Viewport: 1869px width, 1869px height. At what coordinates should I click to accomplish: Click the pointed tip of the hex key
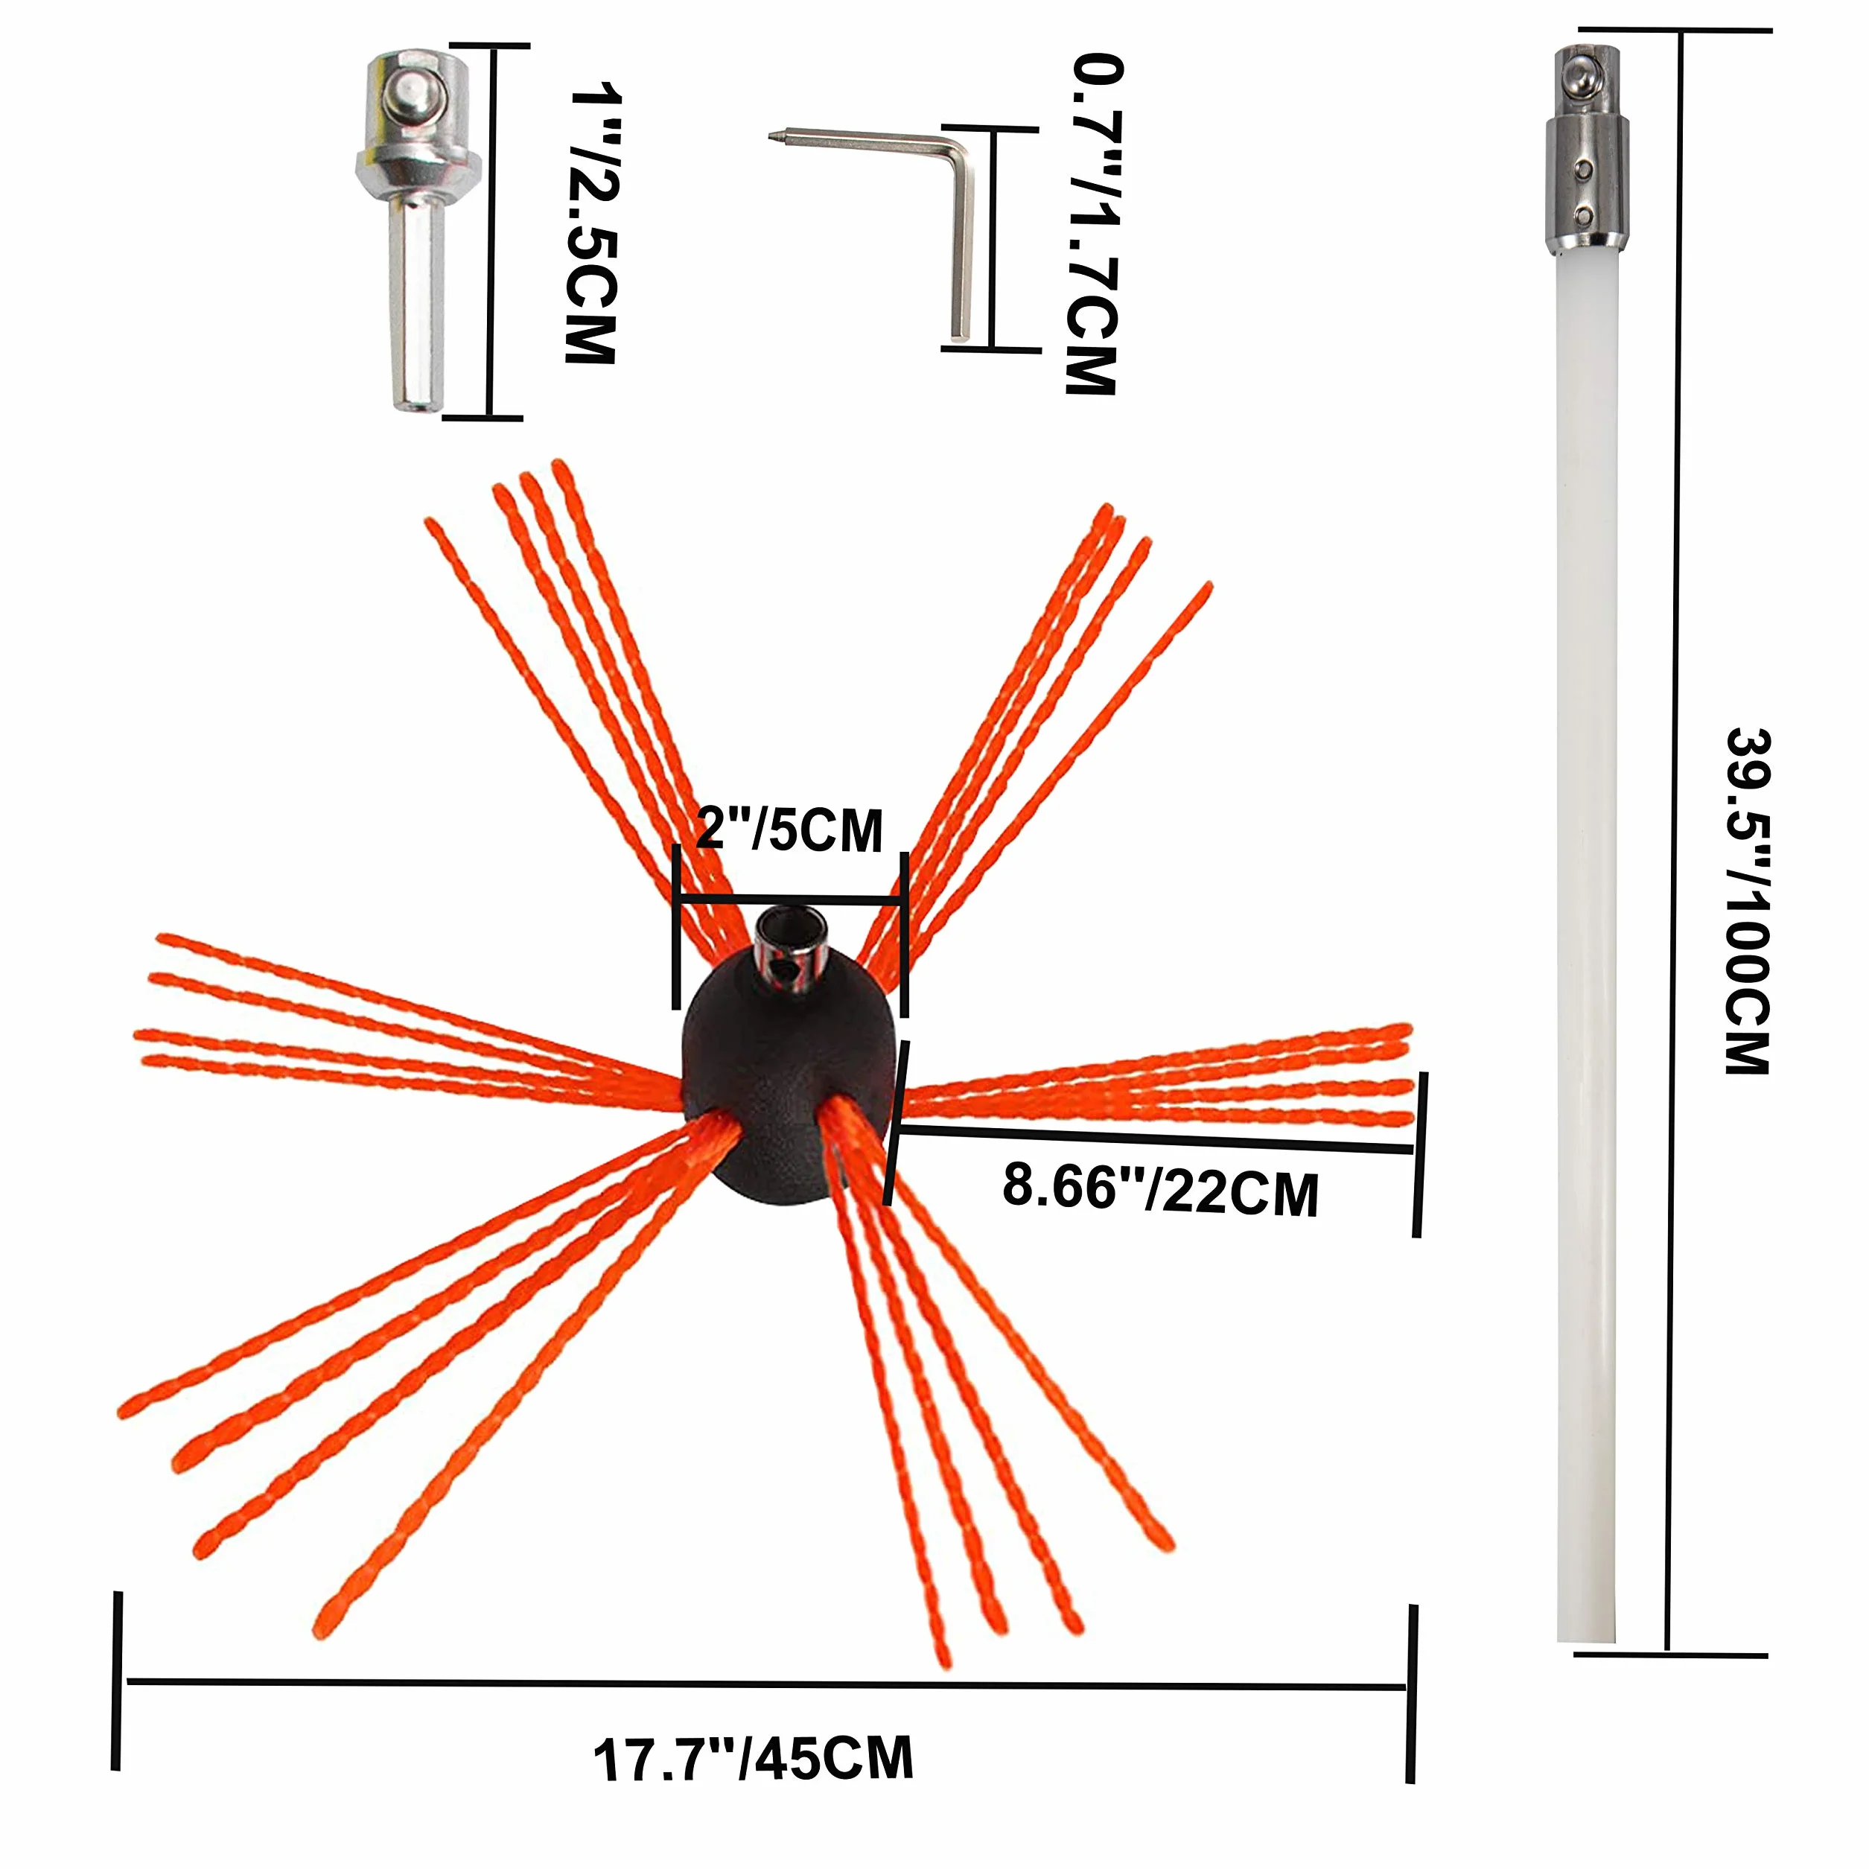point(773,136)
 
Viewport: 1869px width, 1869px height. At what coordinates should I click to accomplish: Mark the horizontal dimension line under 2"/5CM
point(790,902)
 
